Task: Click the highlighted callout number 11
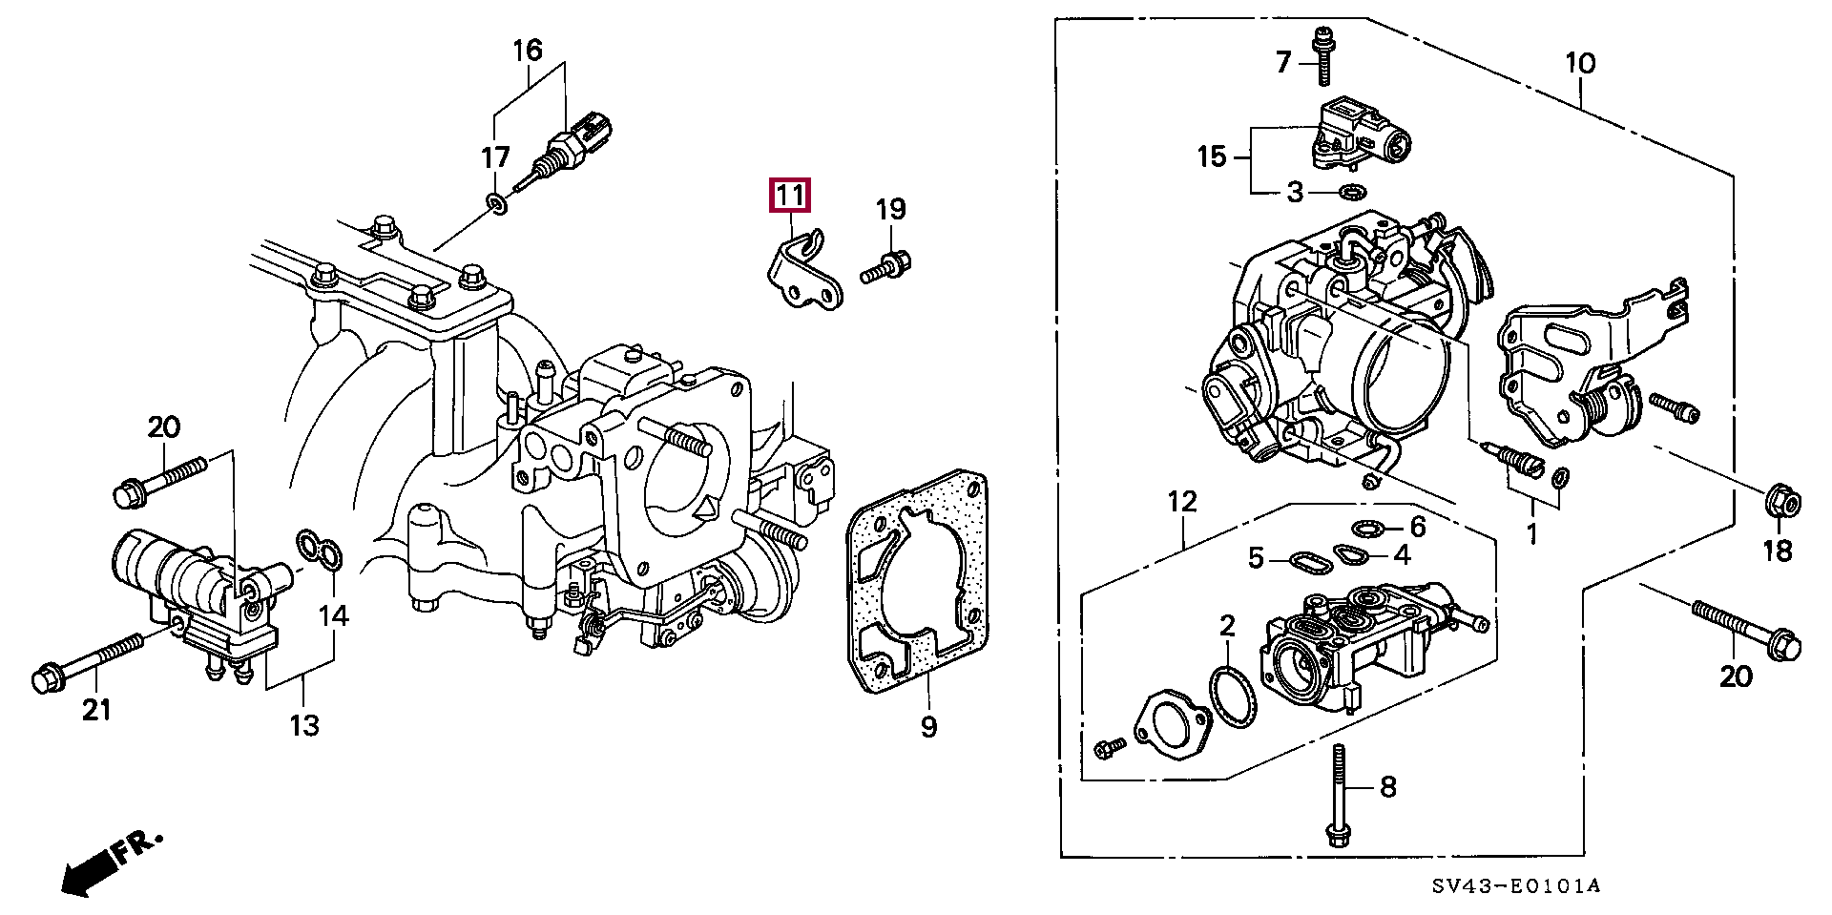click(790, 196)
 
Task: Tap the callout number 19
click(890, 210)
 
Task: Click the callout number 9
click(928, 727)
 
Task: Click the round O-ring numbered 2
click(1232, 697)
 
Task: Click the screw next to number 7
click(1323, 56)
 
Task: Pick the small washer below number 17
click(496, 203)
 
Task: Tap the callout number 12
click(1182, 501)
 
